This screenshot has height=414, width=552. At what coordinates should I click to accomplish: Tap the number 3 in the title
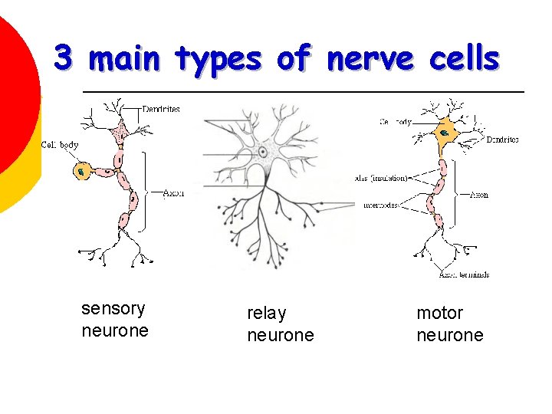(64, 58)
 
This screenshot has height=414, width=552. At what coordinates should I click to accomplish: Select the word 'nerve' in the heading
(360, 59)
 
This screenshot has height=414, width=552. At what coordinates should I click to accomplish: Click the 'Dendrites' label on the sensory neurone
(161, 110)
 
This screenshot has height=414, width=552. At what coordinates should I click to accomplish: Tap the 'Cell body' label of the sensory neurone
(60, 145)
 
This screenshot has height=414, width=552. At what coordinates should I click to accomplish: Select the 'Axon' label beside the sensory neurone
(174, 193)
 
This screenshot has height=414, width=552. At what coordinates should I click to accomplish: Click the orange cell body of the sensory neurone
(82, 172)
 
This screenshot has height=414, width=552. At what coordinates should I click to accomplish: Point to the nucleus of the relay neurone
(263, 152)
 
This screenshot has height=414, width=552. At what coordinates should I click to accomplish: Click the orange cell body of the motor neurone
(444, 133)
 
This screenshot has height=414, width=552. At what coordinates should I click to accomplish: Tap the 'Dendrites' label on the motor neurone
(502, 140)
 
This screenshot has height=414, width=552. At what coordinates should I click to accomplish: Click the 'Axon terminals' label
(464, 274)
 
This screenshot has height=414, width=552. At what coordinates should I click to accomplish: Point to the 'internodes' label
(380, 205)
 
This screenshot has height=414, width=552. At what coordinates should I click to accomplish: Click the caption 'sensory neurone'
(114, 320)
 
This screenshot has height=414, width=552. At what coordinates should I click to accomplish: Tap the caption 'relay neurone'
(280, 324)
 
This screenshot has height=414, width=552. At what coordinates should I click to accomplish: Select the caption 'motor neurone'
(449, 324)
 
